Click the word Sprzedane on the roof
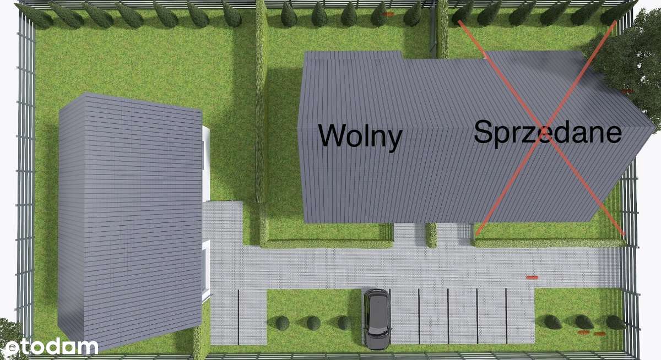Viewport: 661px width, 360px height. (548, 133)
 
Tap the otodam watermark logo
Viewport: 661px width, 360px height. (51, 347)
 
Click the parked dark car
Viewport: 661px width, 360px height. (377, 318)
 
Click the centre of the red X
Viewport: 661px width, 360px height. (539, 128)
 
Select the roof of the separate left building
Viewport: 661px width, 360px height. (129, 220)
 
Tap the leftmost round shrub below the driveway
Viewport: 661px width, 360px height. (282, 323)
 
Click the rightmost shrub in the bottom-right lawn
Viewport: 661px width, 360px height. (614, 322)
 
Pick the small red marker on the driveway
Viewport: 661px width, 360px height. (532, 277)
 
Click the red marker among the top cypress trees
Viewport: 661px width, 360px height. (389, 14)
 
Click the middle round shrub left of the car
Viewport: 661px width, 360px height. (313, 323)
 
